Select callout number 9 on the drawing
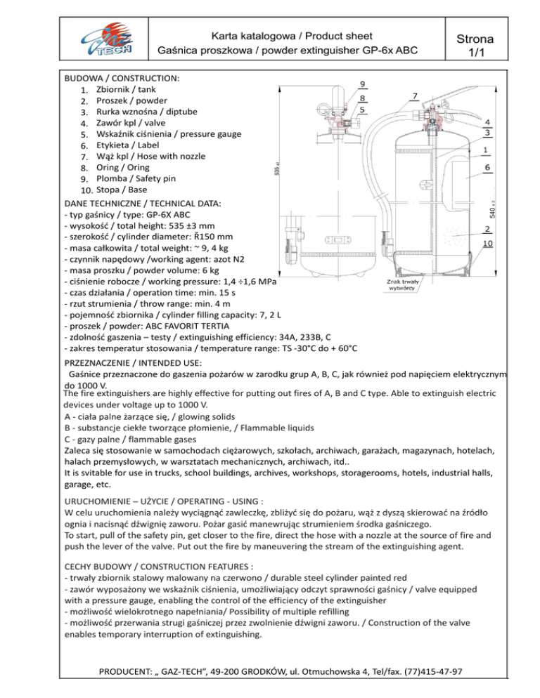point(361,85)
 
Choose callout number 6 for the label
point(488,168)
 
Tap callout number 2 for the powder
point(488,230)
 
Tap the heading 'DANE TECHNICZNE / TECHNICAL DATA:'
point(143,202)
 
